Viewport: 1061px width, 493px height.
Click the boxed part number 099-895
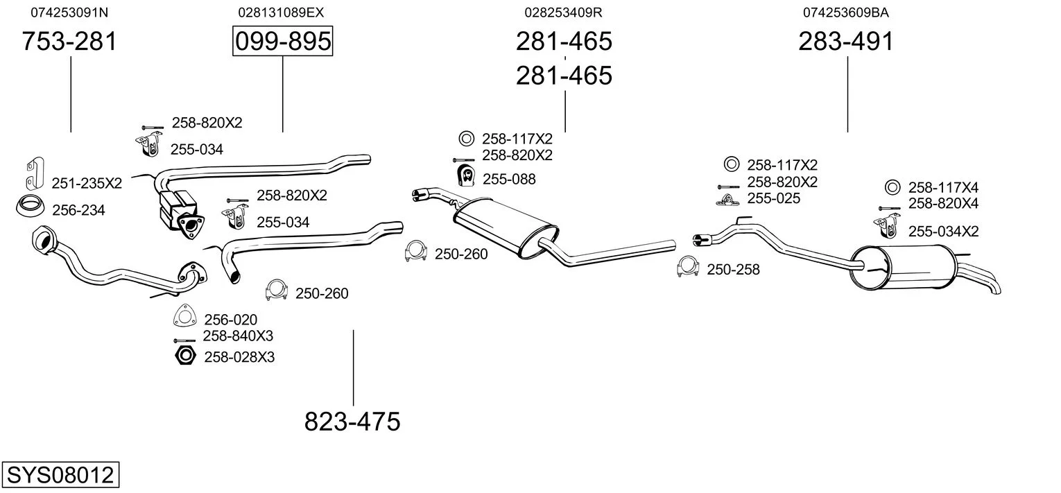tap(282, 42)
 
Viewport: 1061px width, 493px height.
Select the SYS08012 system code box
tap(60, 476)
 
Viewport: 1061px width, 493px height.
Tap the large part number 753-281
tap(69, 42)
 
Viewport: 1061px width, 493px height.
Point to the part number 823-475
tap(352, 421)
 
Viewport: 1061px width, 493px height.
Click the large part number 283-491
tap(846, 42)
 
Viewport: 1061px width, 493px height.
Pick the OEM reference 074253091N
tap(69, 12)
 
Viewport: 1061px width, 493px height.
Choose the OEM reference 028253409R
tap(563, 12)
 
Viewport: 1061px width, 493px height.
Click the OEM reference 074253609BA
tap(846, 12)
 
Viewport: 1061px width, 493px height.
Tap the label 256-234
tap(78, 210)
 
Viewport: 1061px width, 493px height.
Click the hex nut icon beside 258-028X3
tap(184, 356)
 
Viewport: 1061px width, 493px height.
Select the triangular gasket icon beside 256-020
tap(184, 317)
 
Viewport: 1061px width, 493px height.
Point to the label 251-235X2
tap(87, 183)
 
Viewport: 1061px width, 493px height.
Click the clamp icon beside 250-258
tap(688, 268)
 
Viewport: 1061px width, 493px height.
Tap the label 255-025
tap(773, 198)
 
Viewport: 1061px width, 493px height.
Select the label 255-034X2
tap(943, 232)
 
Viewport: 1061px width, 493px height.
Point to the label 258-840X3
tap(238, 336)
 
